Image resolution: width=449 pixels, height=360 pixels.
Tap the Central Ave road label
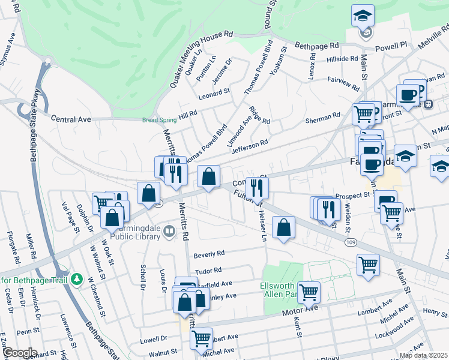pyautogui.click(x=70, y=119)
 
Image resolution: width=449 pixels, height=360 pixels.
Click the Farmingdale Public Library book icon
pyautogui.click(x=169, y=230)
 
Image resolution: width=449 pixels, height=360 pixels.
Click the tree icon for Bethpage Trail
pyautogui.click(x=76, y=280)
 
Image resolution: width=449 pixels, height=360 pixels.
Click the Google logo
pyautogui.click(x=19, y=353)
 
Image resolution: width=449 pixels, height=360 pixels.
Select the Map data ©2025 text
pyautogui.click(x=423, y=355)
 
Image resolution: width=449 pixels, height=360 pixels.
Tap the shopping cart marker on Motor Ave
pyautogui.click(x=309, y=292)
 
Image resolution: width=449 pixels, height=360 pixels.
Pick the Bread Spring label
pyautogui.click(x=159, y=120)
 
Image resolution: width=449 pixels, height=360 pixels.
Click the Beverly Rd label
pyautogui.click(x=208, y=254)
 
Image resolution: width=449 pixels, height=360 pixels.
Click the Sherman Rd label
pyautogui.click(x=323, y=120)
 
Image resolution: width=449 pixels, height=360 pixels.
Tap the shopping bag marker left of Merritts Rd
pyautogui.click(x=148, y=193)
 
